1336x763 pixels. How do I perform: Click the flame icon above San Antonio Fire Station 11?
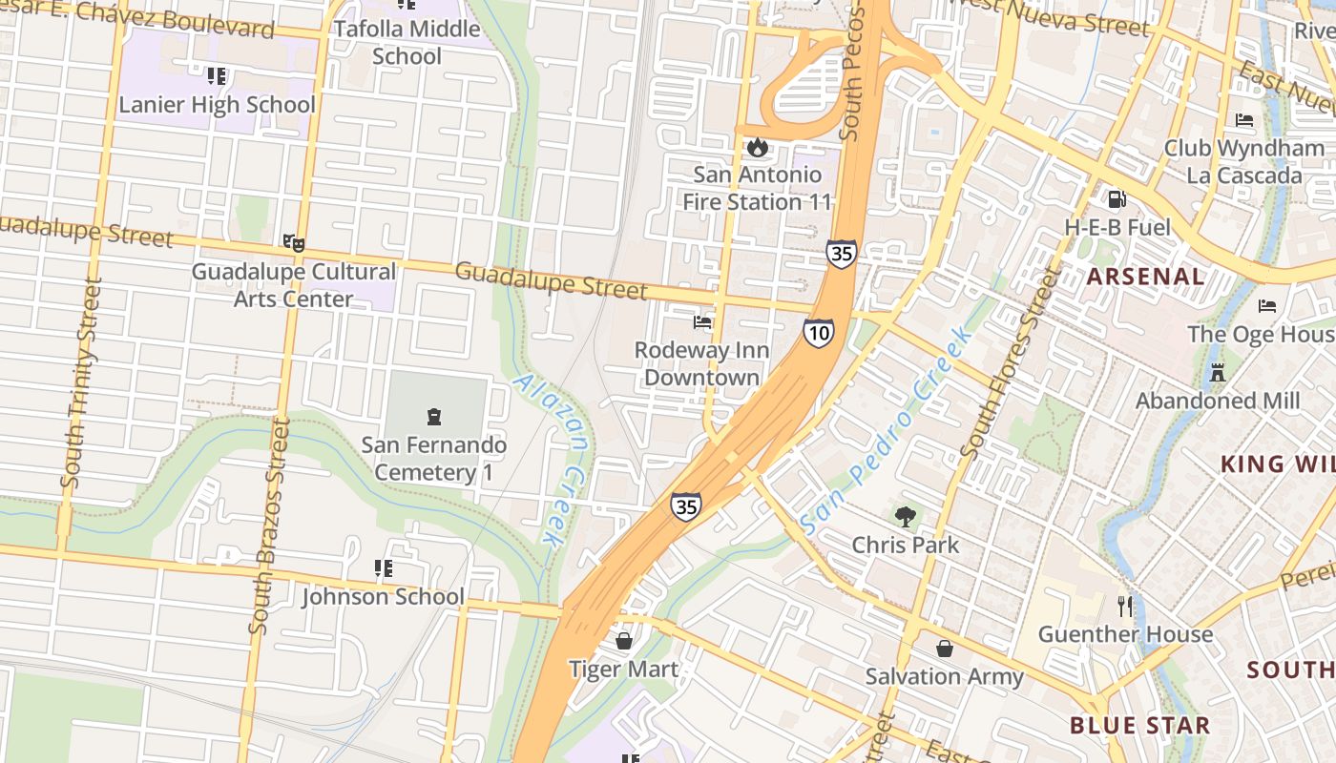pos(758,147)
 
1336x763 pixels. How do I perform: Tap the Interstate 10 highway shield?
pos(818,332)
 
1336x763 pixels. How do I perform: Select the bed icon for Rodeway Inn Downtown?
pos(702,322)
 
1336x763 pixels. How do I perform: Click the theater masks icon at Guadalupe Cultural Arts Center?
pos(294,243)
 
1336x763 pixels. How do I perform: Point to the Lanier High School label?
pos(217,104)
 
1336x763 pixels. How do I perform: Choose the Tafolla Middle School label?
pos(407,43)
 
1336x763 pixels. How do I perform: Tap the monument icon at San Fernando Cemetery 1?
pos(434,417)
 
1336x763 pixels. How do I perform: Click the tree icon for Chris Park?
pos(905,517)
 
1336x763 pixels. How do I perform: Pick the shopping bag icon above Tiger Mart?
pos(624,640)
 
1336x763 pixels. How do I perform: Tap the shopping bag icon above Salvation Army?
pos(944,649)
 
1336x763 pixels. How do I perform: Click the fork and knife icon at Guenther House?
pos(1125,606)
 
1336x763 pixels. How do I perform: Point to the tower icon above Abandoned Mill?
pos(1217,372)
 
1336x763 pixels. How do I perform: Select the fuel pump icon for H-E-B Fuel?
pos(1117,199)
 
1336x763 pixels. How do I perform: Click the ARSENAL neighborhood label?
pos(1146,277)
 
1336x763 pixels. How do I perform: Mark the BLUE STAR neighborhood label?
pos(1139,725)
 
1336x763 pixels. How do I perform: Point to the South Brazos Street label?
pos(267,526)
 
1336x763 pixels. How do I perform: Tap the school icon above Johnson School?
pos(384,569)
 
